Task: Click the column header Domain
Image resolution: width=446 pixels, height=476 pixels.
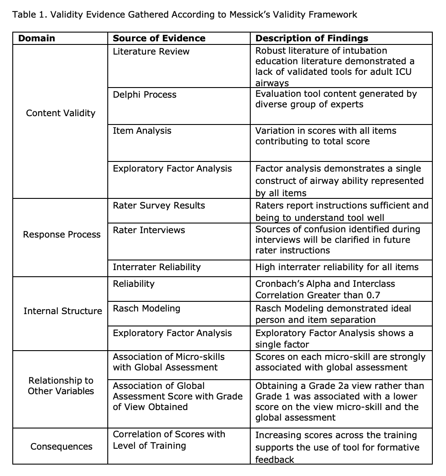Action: (37, 38)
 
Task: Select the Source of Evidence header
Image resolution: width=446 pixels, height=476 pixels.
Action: (159, 38)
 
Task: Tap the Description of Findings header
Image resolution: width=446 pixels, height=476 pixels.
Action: (311, 38)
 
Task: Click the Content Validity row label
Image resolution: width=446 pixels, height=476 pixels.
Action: (61, 113)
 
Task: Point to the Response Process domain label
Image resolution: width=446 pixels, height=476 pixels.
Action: (62, 234)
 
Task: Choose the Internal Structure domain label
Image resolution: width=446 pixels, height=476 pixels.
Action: (62, 311)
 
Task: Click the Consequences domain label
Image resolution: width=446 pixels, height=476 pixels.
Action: (62, 447)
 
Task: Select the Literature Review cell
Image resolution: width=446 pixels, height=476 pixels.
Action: (151, 51)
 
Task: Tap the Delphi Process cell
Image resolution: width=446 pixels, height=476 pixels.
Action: (144, 95)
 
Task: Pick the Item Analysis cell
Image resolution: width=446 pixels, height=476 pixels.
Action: (142, 131)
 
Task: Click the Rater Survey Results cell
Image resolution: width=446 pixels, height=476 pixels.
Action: (159, 205)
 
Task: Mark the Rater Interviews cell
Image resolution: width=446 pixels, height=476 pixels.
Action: (149, 230)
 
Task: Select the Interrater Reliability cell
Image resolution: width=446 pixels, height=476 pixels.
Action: (157, 267)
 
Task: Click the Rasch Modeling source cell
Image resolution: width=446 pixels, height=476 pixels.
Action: (146, 308)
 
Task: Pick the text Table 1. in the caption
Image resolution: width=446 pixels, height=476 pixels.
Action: (29, 15)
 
